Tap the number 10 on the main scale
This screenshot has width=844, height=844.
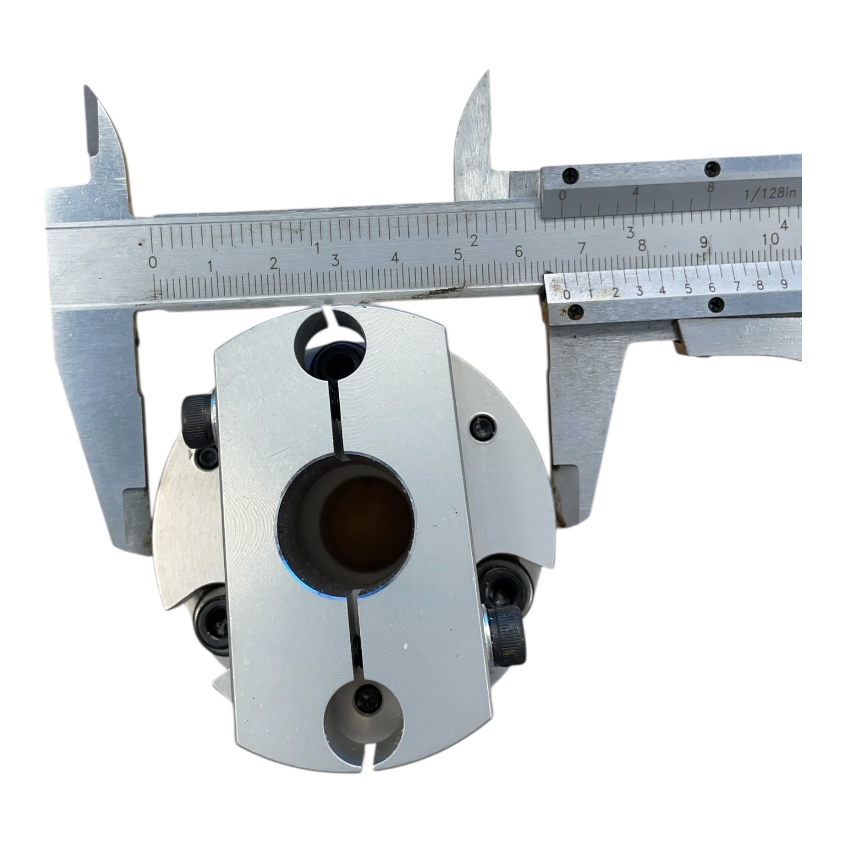pos(770,239)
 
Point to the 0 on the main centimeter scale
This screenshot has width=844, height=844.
pos(153,262)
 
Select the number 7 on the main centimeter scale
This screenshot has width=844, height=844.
pos(582,248)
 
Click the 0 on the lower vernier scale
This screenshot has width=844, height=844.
pos(567,294)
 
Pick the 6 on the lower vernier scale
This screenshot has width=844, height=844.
pos(712,287)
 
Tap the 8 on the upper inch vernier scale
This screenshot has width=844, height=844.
pos(711,187)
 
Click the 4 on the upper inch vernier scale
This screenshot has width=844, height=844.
pos(636,191)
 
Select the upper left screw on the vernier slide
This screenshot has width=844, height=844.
pos(570,175)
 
